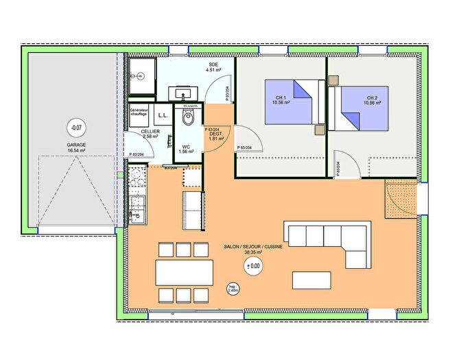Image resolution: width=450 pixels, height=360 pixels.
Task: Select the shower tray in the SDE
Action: click(x=144, y=69)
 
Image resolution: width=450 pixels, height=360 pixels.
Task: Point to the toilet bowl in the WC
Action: click(x=187, y=121)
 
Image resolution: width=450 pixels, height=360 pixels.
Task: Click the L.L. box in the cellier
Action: click(x=163, y=116)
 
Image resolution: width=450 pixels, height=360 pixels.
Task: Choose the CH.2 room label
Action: click(x=372, y=100)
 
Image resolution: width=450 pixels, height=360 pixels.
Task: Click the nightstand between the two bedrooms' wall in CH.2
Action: click(x=334, y=80)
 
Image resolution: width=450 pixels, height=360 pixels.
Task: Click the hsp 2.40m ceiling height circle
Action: click(x=233, y=289)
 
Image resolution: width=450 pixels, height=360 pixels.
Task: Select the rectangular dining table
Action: click(x=183, y=272)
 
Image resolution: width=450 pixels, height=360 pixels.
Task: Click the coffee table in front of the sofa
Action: click(x=312, y=280)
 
